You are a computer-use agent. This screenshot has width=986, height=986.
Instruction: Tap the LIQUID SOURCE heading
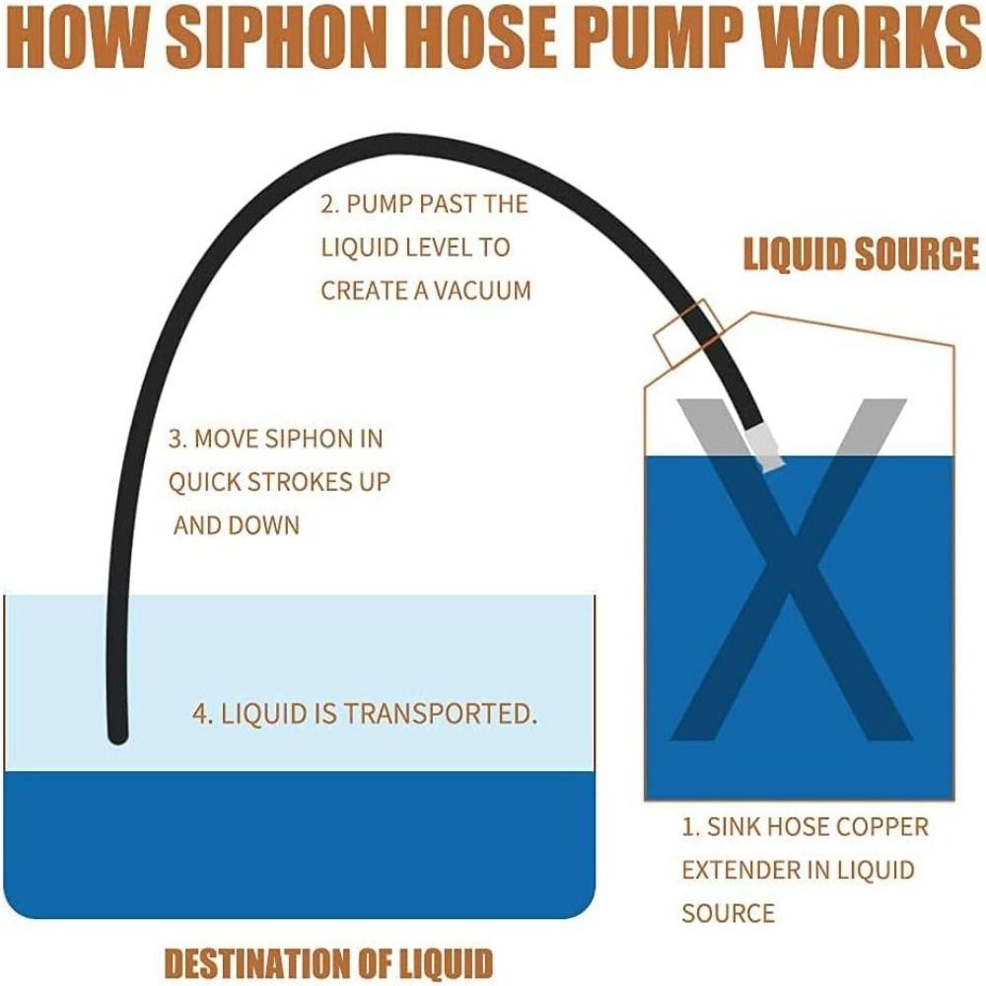coord(861,253)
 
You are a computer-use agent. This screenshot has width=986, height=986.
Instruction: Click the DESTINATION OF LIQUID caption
coord(327,960)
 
